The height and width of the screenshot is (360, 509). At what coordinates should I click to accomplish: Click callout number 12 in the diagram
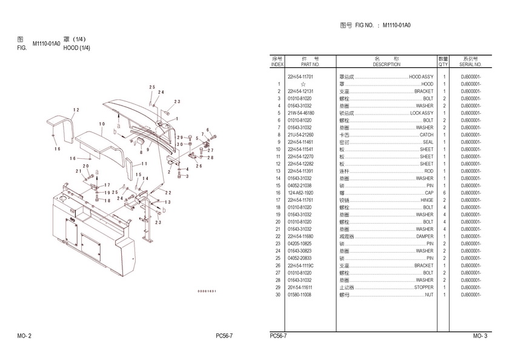click(76, 110)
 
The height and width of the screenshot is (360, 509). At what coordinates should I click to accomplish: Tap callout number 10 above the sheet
click(102, 124)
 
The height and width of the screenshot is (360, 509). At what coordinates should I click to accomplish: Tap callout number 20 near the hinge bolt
click(86, 166)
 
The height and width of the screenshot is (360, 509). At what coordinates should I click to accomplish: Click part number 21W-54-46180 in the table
click(300, 113)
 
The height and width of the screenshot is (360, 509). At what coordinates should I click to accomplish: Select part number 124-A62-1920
click(300, 193)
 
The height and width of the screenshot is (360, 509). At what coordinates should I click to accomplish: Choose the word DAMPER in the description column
click(424, 236)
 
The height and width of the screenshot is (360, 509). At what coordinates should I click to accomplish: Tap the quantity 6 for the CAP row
click(444, 193)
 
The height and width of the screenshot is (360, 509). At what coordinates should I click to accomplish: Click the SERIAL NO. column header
click(470, 64)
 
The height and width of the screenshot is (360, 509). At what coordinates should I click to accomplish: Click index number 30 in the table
click(278, 295)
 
